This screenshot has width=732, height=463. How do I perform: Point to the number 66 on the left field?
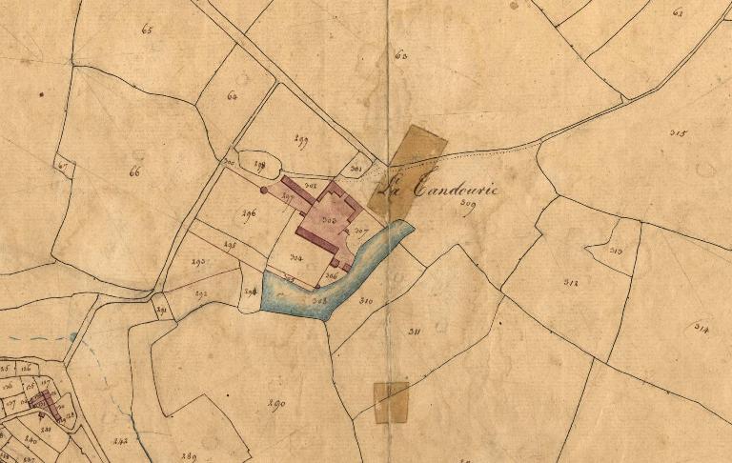pyautogui.click(x=133, y=172)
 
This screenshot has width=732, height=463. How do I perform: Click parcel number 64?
pyautogui.click(x=232, y=96)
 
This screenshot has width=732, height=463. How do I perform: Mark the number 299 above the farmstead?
pyautogui.click(x=301, y=143)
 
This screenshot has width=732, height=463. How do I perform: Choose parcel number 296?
pyautogui.click(x=250, y=213)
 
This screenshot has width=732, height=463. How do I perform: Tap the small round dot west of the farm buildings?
pyautogui.click(x=264, y=191)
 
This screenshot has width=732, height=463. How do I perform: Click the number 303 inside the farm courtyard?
pyautogui.click(x=329, y=220)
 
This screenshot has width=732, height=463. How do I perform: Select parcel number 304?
pyautogui.click(x=296, y=257)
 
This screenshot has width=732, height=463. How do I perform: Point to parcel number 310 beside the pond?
pyautogui.click(x=365, y=301)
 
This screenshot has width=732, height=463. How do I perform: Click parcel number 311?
pyautogui.click(x=415, y=331)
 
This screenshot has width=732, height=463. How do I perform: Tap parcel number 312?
pyautogui.click(x=570, y=282)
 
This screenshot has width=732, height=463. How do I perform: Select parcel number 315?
pyautogui.click(x=678, y=133)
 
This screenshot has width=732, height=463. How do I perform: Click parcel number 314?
pyautogui.click(x=701, y=330)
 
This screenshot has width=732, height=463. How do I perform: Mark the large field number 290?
pyautogui.click(x=277, y=404)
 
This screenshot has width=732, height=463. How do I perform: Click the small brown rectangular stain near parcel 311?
pyautogui.click(x=391, y=402)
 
